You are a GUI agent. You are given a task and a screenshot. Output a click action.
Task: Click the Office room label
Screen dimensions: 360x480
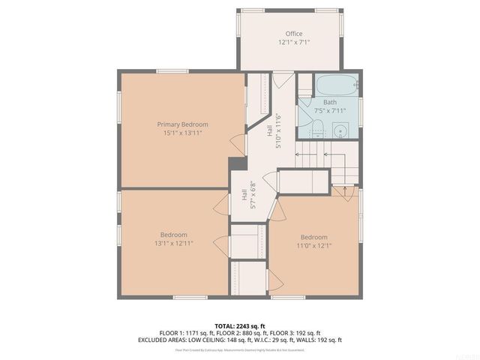click(293, 34)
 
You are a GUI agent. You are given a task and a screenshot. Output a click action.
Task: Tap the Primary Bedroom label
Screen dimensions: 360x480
click(182, 124)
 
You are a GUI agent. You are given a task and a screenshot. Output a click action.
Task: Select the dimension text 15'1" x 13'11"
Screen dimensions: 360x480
click(182, 133)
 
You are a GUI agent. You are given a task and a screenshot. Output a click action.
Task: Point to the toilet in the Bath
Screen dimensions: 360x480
click(318, 130)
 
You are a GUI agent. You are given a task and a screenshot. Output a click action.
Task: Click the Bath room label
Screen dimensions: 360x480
click(330, 102)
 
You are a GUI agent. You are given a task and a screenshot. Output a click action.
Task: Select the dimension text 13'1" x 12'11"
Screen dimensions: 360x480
click(173, 243)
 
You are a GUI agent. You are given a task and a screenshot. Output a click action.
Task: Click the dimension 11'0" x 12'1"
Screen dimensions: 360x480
click(313, 245)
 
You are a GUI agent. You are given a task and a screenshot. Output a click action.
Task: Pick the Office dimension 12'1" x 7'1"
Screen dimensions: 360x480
click(293, 43)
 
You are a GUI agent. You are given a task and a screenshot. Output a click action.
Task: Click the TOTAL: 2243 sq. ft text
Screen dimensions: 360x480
click(240, 325)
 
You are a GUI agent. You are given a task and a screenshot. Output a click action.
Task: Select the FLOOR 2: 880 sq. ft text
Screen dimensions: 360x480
click(241, 332)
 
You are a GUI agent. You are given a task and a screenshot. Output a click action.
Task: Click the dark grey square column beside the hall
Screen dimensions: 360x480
click(238, 165)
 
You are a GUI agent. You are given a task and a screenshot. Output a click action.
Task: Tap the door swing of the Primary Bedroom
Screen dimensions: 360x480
click(239, 143)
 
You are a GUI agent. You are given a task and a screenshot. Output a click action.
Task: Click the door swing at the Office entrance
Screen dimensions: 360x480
click(282, 79)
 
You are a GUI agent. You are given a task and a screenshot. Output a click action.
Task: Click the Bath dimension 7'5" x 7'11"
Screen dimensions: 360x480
click(330, 111)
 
